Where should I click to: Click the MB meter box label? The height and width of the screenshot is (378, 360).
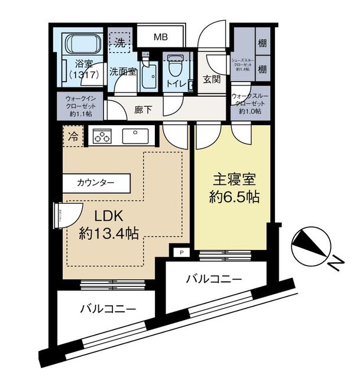tap(161, 37)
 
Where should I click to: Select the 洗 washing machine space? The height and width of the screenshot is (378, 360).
tap(120, 43)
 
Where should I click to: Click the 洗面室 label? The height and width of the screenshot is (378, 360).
tap(122, 71)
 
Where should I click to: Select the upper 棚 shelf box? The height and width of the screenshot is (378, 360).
tap(262, 43)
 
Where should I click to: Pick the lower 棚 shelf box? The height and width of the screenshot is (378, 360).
tap(262, 69)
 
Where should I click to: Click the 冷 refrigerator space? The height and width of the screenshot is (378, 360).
tap(73, 136)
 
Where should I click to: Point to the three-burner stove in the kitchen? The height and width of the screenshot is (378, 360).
tap(101, 136)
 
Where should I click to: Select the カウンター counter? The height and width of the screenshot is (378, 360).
tap(96, 183)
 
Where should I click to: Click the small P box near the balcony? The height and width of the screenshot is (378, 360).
tap(181, 252)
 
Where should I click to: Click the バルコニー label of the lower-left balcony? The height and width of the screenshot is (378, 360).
tap(108, 308)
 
